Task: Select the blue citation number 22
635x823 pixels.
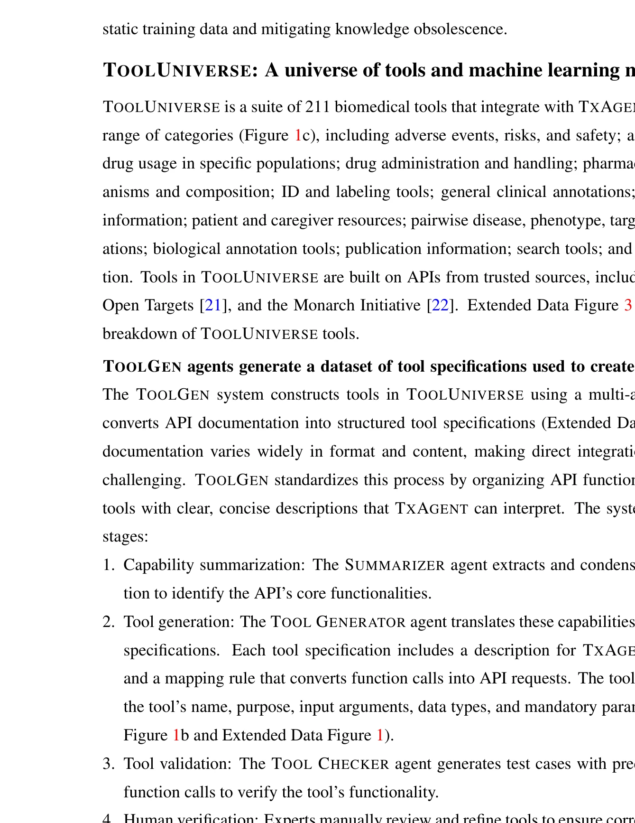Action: coord(440,305)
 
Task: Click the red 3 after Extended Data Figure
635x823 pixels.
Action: coord(628,305)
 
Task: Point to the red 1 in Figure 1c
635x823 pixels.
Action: coord(298,136)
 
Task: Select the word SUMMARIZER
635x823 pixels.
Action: coord(395,565)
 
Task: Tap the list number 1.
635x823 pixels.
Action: coord(108,565)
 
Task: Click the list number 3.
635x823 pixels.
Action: coord(108,764)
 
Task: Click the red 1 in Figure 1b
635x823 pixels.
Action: coord(176,735)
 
